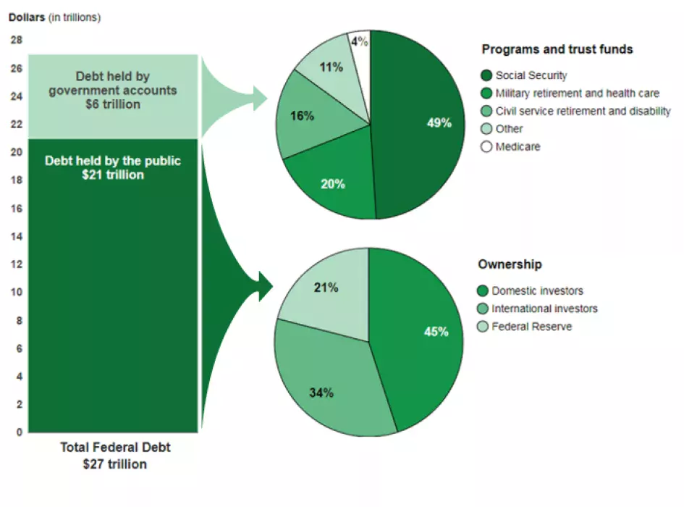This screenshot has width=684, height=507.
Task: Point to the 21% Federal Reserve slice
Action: coord(326,290)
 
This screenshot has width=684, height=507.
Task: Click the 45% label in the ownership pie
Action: coord(436,332)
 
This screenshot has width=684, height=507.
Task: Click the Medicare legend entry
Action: coord(518,146)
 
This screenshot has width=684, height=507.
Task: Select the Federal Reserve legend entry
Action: coord(531,327)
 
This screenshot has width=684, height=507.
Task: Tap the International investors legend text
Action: coord(544,309)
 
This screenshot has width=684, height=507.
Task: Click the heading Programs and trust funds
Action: coord(557,49)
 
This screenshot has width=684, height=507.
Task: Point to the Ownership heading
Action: coord(510,264)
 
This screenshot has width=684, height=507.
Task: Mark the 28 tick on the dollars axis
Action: coord(16,40)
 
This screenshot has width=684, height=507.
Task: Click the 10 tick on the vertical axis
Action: coord(16,292)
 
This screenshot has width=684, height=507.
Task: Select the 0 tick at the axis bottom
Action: coord(19,432)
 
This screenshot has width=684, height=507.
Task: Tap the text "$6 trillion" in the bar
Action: coord(112,104)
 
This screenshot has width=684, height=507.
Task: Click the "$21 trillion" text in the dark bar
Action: coord(113,175)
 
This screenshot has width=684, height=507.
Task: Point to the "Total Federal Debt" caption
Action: coord(114,448)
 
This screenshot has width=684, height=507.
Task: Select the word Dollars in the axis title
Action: coord(27,17)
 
